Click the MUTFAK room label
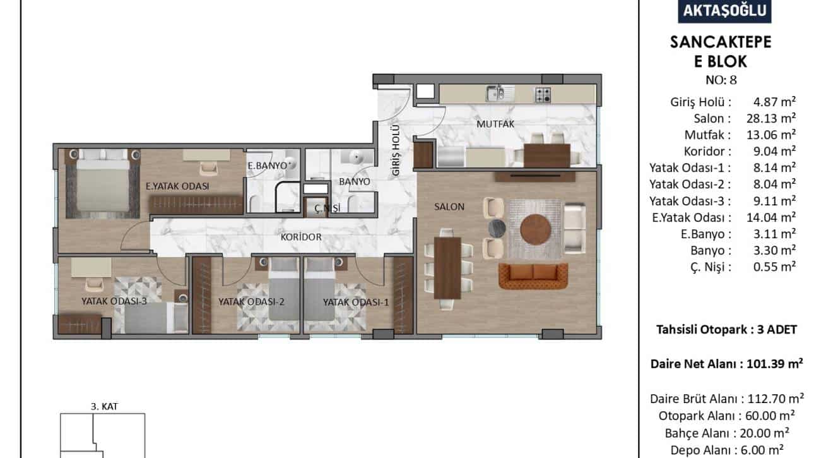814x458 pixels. click(495, 124)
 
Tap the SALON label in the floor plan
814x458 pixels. click(449, 207)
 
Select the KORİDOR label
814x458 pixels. click(301, 237)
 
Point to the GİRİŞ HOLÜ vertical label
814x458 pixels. click(396, 150)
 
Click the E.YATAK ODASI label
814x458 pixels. click(177, 186)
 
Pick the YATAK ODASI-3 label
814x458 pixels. click(114, 301)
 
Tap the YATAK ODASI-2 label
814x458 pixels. click(251, 302)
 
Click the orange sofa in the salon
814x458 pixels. click(533, 276)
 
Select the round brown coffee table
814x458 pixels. click(535, 229)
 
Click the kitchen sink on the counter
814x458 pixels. click(500, 94)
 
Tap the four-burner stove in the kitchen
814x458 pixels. click(543, 95)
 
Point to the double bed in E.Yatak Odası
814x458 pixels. click(102, 184)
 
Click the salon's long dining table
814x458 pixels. click(448, 268)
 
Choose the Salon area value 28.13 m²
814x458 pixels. click(771, 118)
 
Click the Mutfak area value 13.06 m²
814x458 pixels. click(771, 135)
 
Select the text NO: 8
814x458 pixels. click(721, 80)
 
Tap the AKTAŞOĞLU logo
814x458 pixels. click(724, 11)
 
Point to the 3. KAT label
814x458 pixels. click(105, 406)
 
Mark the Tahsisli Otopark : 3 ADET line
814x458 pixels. click(726, 330)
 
